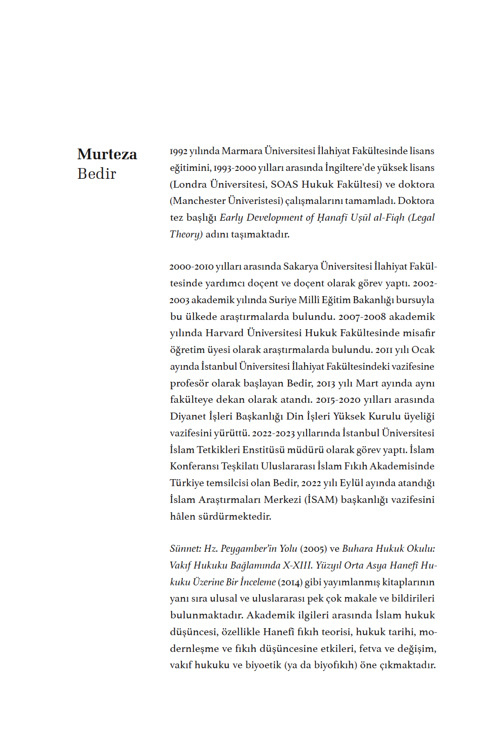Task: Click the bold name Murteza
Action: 107,154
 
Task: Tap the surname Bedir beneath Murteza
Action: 97,174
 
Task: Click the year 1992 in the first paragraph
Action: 178,151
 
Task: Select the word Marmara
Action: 242,151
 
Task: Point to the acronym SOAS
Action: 284,184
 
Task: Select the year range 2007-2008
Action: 362,317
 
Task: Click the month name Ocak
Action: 423,350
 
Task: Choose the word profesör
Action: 189,384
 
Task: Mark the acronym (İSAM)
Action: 321,500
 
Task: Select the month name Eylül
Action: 352,483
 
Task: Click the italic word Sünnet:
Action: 186,549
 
